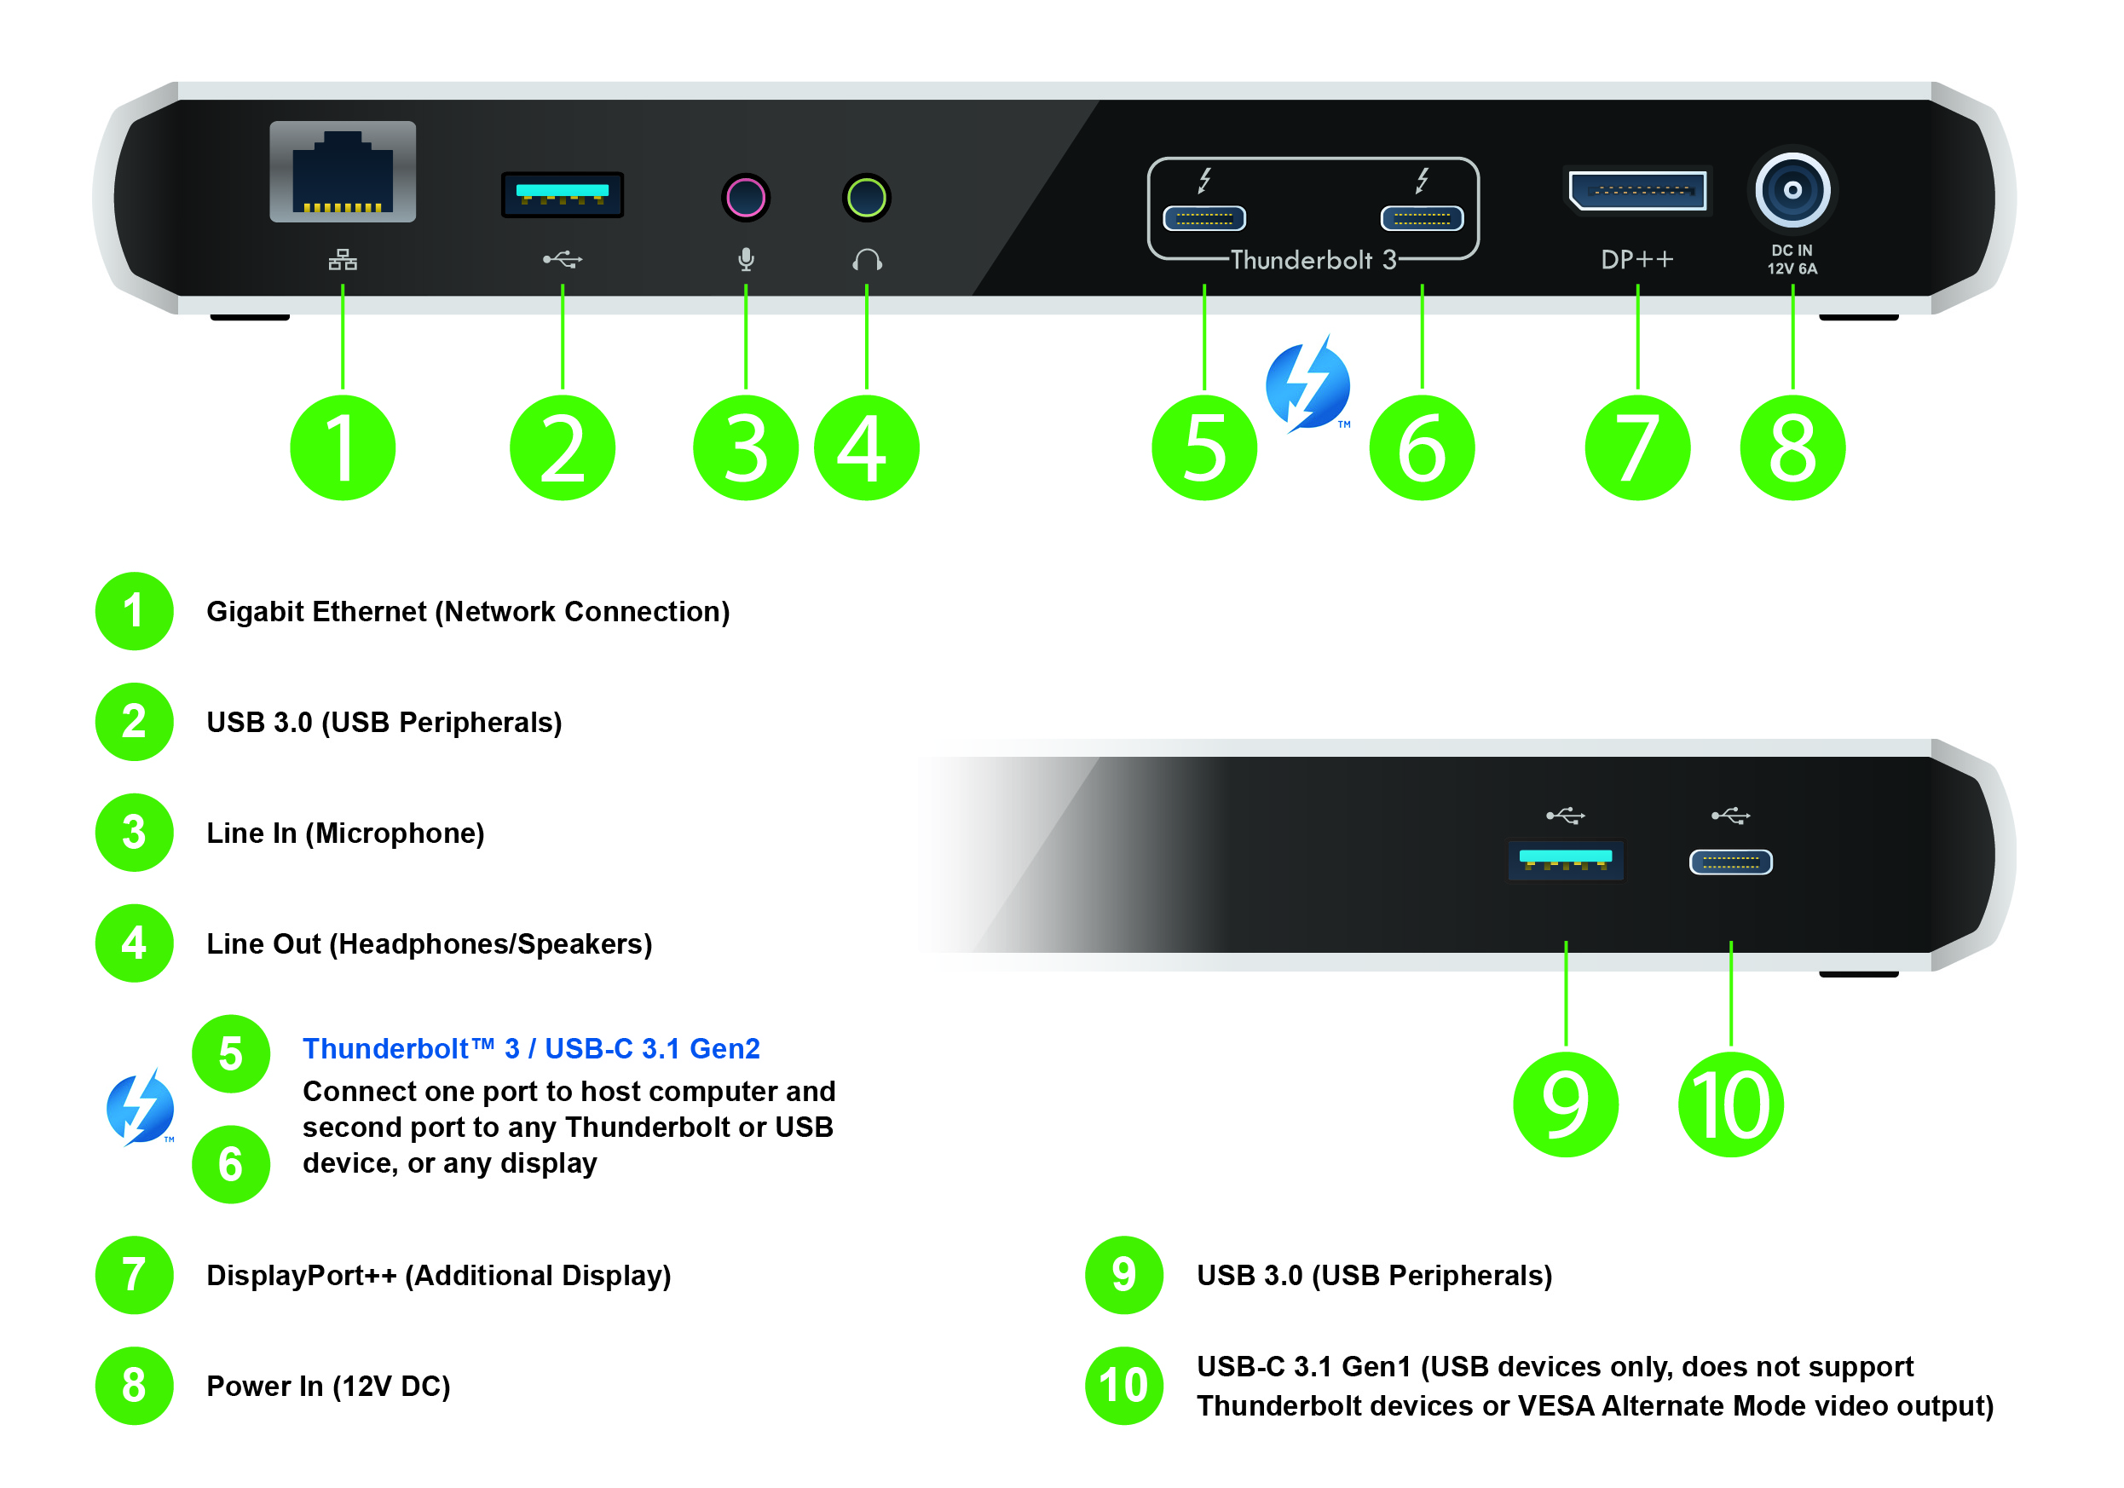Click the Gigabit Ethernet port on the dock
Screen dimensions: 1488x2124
pos(343,172)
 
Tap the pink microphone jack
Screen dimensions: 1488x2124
pos(746,197)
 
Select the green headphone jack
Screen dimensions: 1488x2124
pos(866,197)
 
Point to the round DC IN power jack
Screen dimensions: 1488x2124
pos(1792,191)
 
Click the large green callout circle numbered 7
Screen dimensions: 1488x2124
pos(1636,448)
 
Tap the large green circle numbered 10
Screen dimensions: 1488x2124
pos(1730,1104)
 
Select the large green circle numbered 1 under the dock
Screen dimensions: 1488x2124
pos(343,448)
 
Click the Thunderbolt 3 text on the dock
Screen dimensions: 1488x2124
pos(1312,261)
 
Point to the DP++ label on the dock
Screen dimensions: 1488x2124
pos(1636,260)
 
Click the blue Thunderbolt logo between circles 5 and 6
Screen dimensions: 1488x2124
pos(1307,384)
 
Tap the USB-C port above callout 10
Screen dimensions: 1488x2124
pos(1730,862)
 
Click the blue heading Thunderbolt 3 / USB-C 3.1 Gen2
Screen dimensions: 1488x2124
pos(531,1049)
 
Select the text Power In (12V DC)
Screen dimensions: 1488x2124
pos(327,1386)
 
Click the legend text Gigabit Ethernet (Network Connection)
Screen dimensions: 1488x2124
pos(467,611)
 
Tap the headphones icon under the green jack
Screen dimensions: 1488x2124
pos(867,260)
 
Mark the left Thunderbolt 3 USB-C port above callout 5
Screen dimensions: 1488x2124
pos(1203,218)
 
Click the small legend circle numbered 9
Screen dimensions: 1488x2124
pos(1123,1274)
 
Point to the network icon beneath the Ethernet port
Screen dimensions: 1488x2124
pos(343,260)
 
